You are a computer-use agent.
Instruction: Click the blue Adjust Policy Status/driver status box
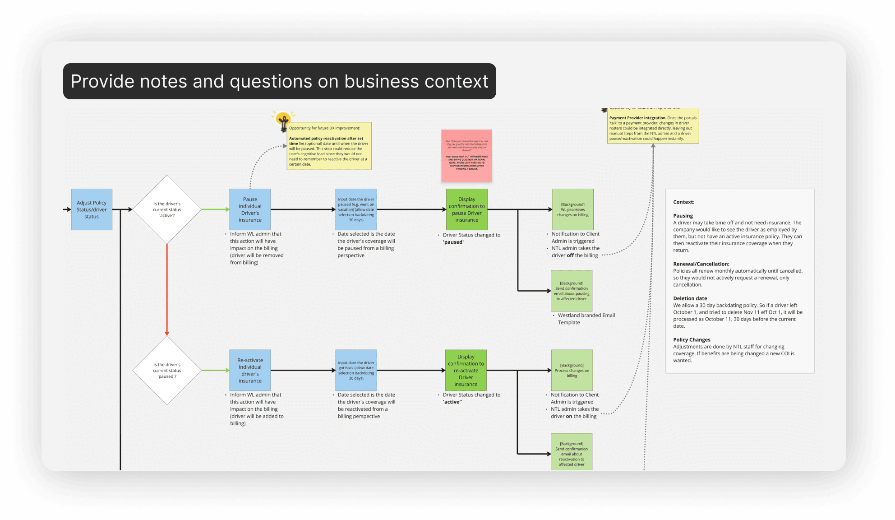(92, 209)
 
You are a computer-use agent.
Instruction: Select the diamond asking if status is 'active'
(167, 209)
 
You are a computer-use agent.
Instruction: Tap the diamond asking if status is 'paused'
(167, 370)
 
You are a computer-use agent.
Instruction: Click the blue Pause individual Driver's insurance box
(250, 209)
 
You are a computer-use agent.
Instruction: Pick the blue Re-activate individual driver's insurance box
(250, 370)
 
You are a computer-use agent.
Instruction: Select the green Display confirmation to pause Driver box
(466, 209)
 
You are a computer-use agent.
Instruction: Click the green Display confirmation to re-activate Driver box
(466, 370)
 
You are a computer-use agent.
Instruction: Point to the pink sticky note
(466, 156)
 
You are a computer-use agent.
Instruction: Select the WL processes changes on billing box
(572, 209)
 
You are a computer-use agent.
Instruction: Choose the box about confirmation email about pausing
(572, 291)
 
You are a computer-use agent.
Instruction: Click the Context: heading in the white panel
(683, 202)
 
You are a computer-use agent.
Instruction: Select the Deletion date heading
(690, 298)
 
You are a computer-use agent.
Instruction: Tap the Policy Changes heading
(692, 340)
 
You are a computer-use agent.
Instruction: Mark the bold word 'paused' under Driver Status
(453, 242)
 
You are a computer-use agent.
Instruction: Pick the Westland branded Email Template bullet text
(586, 319)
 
